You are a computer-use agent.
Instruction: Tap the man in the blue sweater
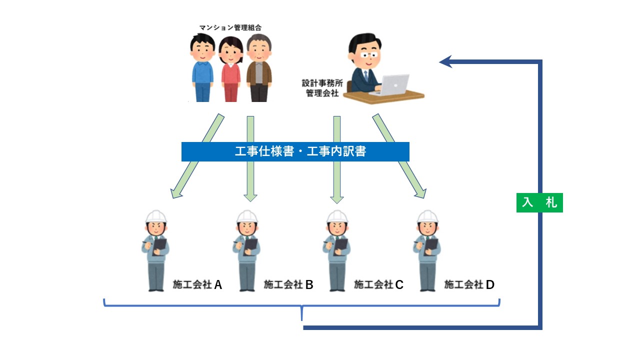(x=202, y=70)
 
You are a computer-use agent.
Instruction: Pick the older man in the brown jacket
(x=259, y=70)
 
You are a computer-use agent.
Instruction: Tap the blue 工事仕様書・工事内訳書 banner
(x=295, y=151)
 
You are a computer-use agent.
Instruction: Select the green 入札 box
(x=539, y=202)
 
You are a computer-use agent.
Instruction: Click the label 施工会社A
(x=197, y=284)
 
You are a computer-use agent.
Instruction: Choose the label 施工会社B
(x=288, y=284)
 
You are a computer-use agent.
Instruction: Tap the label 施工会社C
(x=378, y=284)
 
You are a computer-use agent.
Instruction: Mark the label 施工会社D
(x=469, y=284)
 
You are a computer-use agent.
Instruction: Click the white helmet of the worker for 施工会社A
(x=156, y=216)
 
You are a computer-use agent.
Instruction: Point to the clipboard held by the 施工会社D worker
(x=430, y=245)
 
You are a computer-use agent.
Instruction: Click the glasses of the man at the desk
(x=368, y=53)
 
